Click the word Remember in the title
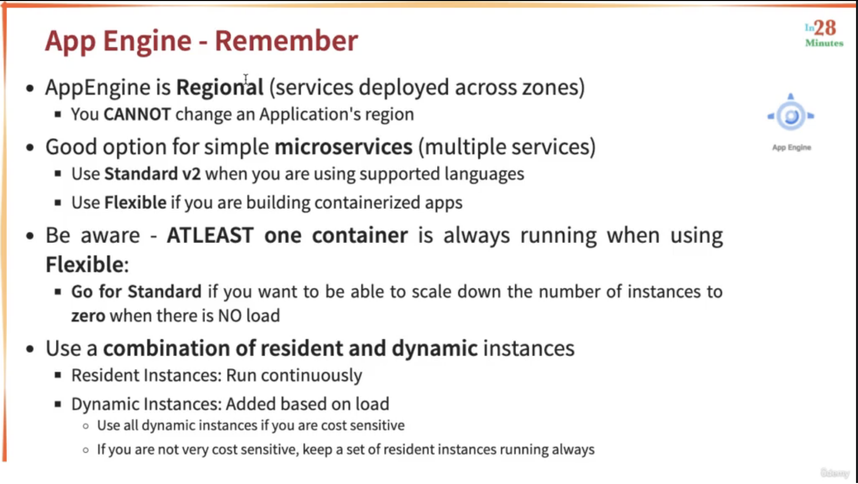(286, 40)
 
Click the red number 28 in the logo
(825, 28)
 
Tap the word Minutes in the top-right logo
(824, 43)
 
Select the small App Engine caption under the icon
(792, 147)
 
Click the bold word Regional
(220, 88)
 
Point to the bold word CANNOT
(137, 114)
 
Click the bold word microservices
(343, 147)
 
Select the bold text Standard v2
(153, 174)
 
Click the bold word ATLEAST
(210, 235)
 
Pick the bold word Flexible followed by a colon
(87, 265)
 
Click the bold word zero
(88, 316)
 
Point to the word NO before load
(230, 316)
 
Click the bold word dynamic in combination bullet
(435, 349)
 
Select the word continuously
(311, 376)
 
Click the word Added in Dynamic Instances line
(251, 404)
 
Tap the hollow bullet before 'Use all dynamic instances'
(86, 426)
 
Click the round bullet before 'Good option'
(30, 147)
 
